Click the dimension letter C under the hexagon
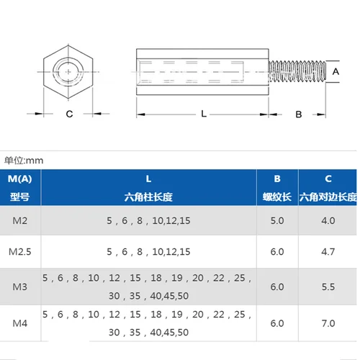tap(69, 114)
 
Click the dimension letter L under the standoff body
tap(204, 114)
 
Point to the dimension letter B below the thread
tap(298, 114)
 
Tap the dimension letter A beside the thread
tap(335, 72)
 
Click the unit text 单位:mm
tap(24, 161)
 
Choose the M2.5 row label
tap(21, 252)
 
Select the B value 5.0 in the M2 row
tap(276, 220)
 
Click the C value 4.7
tap(328, 252)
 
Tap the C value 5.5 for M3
tap(328, 286)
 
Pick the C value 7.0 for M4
tap(328, 323)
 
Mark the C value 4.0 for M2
tap(328, 220)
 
